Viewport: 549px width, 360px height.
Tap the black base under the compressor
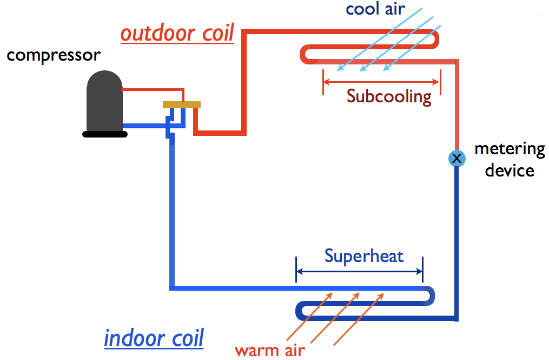coord(104,134)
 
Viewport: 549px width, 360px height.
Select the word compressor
coord(54,56)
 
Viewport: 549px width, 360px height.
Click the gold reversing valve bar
coord(182,104)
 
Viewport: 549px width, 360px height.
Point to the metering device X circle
coord(457,158)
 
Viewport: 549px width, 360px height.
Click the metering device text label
coord(510,160)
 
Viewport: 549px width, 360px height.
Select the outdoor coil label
coord(177,34)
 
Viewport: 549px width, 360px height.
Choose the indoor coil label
coord(154,338)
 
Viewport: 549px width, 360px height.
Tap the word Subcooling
coord(389,96)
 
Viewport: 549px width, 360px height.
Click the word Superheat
coord(364,256)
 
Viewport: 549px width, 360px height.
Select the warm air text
coord(270,350)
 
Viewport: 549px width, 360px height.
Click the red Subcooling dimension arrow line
coord(381,82)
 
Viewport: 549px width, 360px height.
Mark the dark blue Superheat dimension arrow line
coord(359,272)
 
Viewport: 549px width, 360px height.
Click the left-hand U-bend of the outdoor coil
coord(304,55)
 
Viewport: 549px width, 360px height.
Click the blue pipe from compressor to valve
coord(146,125)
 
